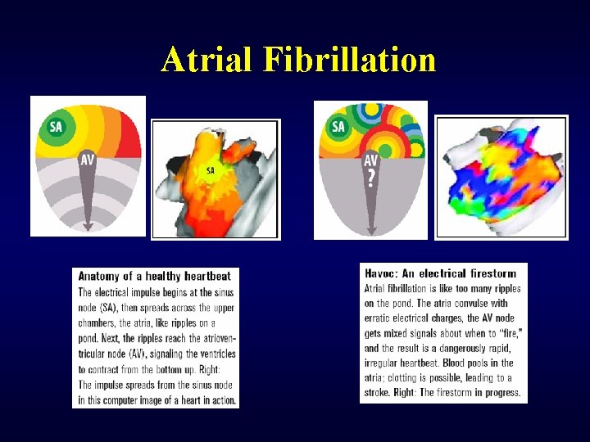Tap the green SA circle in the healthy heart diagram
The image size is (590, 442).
[x=56, y=127]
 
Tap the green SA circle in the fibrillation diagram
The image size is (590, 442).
[x=338, y=127]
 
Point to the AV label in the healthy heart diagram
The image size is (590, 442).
[x=88, y=160]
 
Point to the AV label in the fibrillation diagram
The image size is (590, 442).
[x=370, y=160]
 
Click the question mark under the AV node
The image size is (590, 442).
[x=371, y=178]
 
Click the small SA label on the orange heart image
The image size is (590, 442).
[x=211, y=171]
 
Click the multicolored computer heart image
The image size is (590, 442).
[x=501, y=177]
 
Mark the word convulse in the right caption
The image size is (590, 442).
[x=462, y=303]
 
